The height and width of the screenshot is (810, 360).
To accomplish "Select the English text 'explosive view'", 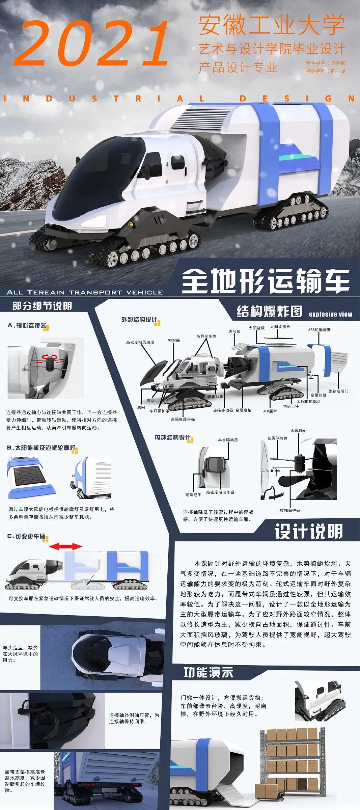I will pos(330,314).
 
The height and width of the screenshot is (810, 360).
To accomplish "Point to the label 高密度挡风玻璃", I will pos(140,342).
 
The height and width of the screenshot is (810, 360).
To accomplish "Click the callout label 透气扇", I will pos(234,331).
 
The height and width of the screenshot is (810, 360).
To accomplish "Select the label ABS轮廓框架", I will pos(319,330).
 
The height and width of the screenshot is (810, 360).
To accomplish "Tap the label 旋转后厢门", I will pos(338,391).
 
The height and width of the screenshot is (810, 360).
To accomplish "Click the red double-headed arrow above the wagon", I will pos(65,546).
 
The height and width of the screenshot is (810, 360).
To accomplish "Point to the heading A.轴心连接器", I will pos(27,326).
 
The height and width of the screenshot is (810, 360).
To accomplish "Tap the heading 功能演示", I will pos(208,672).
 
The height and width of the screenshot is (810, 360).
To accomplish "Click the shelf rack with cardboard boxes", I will pos(292,759).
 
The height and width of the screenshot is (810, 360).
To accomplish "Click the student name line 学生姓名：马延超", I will pos(326,63).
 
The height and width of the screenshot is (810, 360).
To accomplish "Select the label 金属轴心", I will pos(299,431).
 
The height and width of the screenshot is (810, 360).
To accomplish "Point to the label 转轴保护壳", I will pos(289,510).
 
